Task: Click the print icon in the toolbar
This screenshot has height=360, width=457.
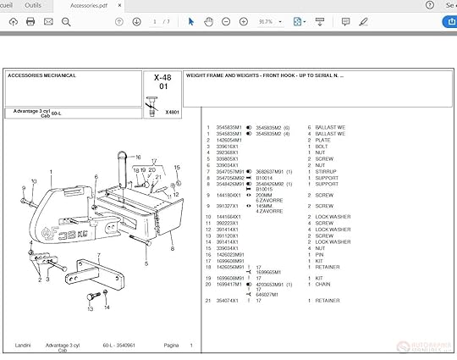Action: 31,21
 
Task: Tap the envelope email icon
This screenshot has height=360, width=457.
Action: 48,21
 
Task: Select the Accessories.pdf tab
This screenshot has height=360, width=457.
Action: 90,5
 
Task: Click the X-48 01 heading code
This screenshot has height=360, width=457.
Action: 162,81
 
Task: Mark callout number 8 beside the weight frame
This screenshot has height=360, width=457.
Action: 173,249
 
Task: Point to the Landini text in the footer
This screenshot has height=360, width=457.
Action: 24,346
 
